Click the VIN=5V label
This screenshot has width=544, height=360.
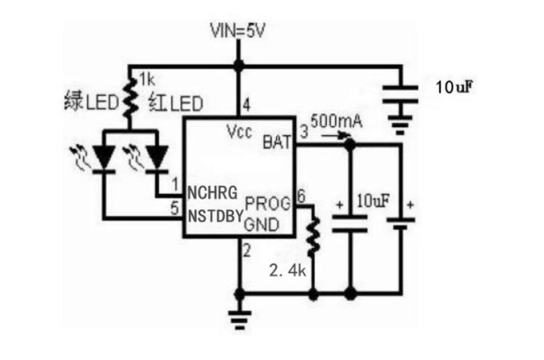(x=238, y=32)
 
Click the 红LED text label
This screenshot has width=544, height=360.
(x=177, y=104)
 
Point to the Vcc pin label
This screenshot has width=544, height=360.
(x=239, y=132)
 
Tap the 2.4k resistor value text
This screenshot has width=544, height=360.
(x=288, y=271)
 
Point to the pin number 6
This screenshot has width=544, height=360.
(x=301, y=194)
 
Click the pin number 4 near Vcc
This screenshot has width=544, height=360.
(x=246, y=105)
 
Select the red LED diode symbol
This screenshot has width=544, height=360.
(x=156, y=156)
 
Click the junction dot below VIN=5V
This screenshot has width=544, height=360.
(x=237, y=65)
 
